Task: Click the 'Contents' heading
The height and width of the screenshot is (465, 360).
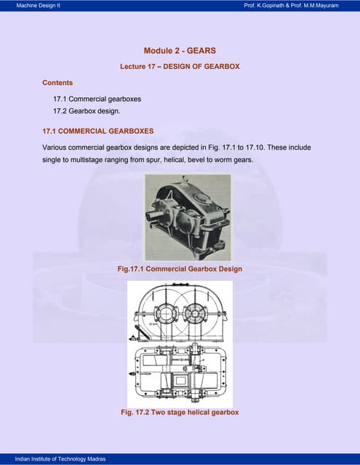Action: coord(57,83)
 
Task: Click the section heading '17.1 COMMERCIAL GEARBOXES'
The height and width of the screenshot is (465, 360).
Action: coord(98,132)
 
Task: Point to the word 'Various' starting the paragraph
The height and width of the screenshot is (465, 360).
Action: coord(56,147)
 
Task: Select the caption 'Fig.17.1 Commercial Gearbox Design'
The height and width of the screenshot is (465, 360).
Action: coord(180,269)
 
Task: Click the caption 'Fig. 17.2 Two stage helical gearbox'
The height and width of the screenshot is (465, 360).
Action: coord(180,413)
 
